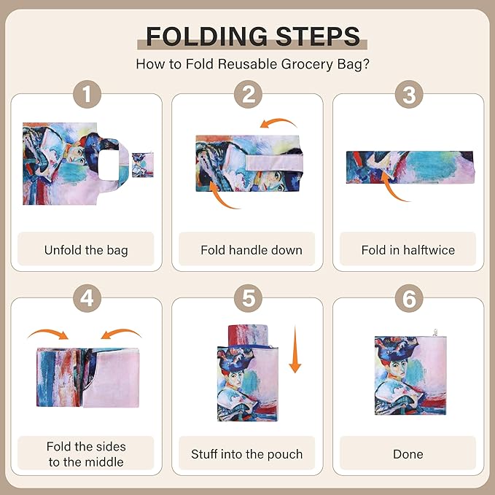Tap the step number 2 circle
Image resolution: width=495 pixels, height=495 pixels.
point(247,96)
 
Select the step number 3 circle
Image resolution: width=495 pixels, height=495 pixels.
point(408,96)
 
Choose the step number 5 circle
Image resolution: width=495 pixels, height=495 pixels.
point(247,299)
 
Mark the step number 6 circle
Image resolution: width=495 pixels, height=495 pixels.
point(408,299)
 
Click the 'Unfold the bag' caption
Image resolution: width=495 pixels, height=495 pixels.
point(86,250)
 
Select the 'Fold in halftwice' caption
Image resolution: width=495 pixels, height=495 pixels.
point(408,250)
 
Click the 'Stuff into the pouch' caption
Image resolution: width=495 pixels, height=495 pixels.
point(247,454)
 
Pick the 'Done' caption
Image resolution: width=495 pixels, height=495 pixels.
point(408,454)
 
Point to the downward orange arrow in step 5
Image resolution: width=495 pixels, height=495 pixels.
point(295,350)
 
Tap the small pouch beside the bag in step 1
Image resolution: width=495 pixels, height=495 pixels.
point(144,164)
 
